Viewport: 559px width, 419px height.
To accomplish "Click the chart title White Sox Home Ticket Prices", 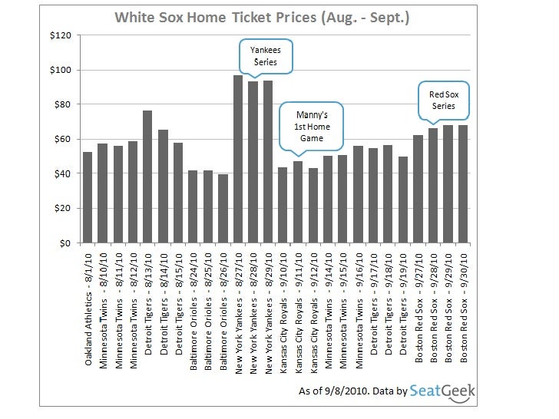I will tap(262, 17).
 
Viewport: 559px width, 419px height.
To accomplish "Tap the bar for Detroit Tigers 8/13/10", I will tap(147, 177).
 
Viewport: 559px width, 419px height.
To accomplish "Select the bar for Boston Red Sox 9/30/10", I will tap(463, 184).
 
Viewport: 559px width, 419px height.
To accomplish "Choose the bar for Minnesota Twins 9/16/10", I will tap(358, 194).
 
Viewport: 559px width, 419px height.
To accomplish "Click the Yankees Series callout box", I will tap(264, 56).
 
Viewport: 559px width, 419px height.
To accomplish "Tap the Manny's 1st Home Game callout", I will tap(311, 126).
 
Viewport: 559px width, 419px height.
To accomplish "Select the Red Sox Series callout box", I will tap(442, 100).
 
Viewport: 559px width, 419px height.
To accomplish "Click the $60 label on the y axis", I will tap(63, 139).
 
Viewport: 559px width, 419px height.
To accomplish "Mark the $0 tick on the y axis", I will tap(66, 243).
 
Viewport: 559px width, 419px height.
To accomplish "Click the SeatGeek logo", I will tap(443, 391).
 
